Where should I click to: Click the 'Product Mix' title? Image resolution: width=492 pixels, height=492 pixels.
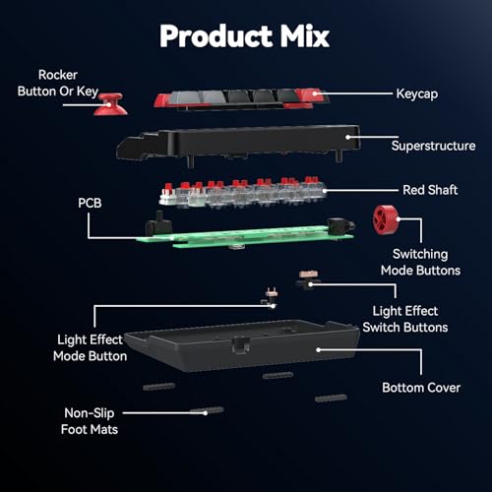(x=244, y=36)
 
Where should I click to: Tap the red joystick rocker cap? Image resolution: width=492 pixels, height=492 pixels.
(x=110, y=104)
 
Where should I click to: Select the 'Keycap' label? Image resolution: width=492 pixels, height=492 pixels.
(x=417, y=94)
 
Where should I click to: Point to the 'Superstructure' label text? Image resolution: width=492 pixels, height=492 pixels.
(x=433, y=146)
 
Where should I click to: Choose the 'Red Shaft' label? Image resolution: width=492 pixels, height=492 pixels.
(x=430, y=190)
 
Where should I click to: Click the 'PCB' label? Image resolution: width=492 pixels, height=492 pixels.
(x=90, y=203)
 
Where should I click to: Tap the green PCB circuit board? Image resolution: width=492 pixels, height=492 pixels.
(x=245, y=237)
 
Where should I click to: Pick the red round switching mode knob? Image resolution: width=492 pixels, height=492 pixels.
(x=386, y=220)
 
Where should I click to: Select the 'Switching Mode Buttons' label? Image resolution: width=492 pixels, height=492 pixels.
(x=420, y=263)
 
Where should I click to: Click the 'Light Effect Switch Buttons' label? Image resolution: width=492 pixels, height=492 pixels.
(x=405, y=319)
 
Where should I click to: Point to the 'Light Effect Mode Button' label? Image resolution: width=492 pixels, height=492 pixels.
(x=90, y=347)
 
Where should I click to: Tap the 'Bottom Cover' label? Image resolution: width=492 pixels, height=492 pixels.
(x=421, y=388)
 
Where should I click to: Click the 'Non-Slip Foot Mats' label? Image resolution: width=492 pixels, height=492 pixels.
(x=90, y=421)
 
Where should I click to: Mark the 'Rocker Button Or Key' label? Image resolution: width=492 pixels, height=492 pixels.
(x=58, y=84)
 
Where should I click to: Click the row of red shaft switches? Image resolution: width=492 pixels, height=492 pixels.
(x=243, y=193)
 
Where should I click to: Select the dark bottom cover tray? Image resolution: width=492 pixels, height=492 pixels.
(x=243, y=346)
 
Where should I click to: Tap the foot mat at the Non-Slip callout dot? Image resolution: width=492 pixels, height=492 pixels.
(x=207, y=411)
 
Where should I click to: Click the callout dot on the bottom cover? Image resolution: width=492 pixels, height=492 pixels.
(x=318, y=350)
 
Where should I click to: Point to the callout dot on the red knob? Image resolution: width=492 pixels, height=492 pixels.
(x=399, y=219)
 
